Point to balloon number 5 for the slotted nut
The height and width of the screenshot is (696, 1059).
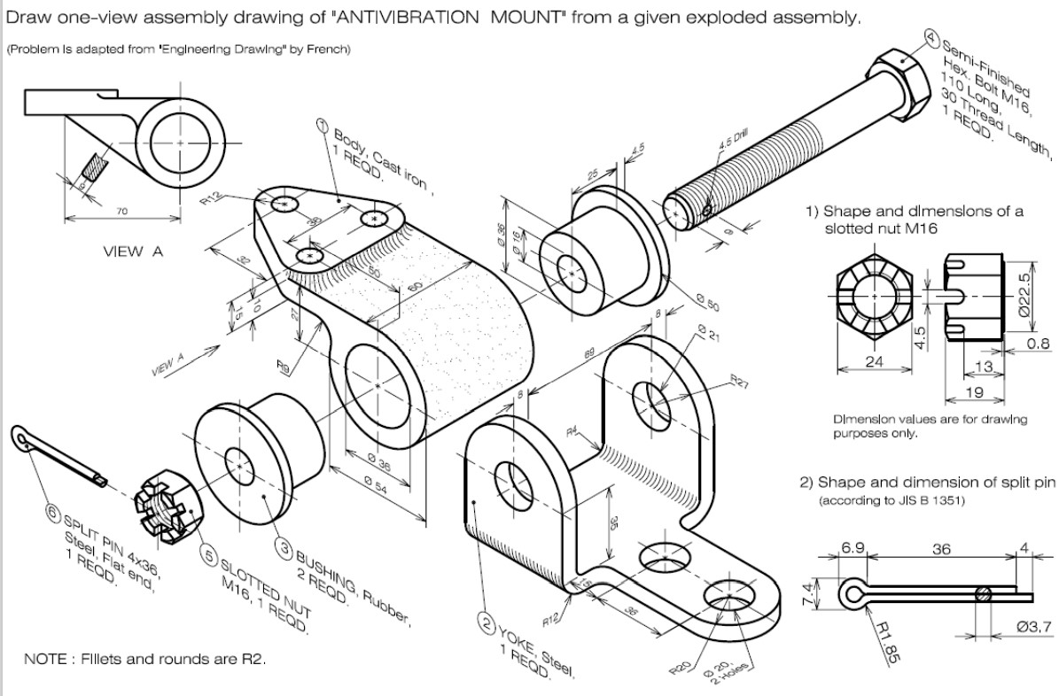coord(210,555)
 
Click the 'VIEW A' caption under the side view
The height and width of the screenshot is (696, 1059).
coord(133,251)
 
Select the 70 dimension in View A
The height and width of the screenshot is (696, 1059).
coord(122,212)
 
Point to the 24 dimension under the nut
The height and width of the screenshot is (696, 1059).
coord(875,362)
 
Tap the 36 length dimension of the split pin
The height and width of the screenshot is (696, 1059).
coord(940,549)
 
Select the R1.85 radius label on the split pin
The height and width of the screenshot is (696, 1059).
coord(891,639)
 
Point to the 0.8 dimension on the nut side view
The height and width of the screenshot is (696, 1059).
coord(1040,343)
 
